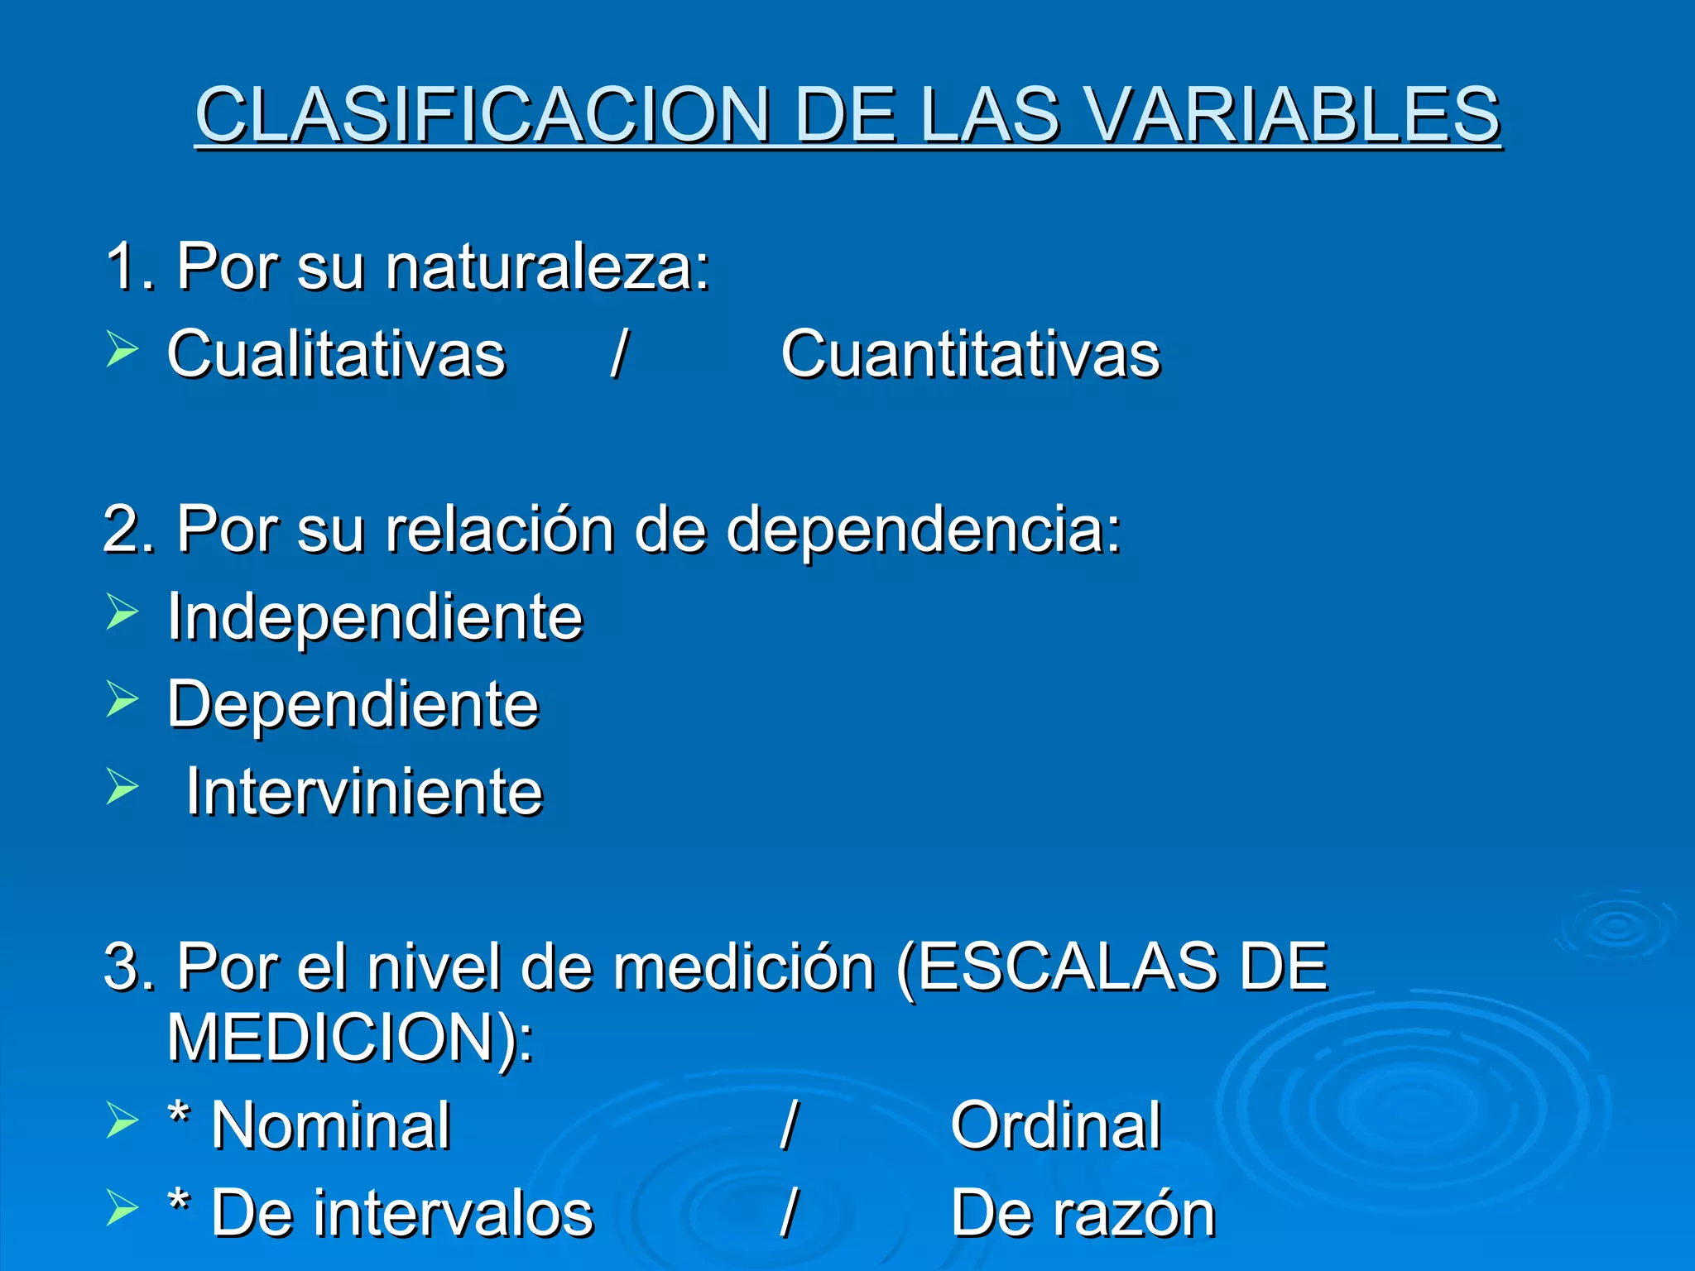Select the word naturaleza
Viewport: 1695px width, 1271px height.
(x=547, y=268)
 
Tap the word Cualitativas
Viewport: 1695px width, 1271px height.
(x=336, y=354)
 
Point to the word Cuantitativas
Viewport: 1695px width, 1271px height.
(x=971, y=354)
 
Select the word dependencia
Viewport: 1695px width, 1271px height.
(x=923, y=530)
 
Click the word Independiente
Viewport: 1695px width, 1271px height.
(x=375, y=617)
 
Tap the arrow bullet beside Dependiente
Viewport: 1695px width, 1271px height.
(x=122, y=700)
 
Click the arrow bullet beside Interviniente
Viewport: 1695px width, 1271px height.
(x=122, y=787)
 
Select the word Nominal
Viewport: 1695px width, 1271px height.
(x=331, y=1126)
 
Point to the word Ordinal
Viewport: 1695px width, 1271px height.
(x=1056, y=1126)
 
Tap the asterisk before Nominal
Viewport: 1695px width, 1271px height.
(x=178, y=1117)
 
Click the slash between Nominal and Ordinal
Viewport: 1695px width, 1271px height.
(x=789, y=1126)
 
